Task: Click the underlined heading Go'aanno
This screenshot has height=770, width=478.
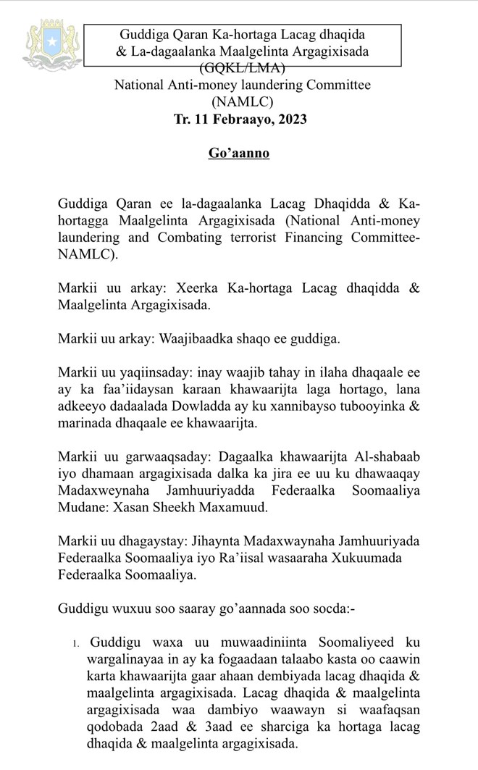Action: pyautogui.click(x=239, y=155)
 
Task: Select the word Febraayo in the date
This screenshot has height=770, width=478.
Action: pyautogui.click(x=238, y=119)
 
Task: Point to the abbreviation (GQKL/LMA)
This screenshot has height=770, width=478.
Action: pyautogui.click(x=241, y=68)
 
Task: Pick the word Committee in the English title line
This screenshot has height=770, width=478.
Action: pyautogui.click(x=337, y=85)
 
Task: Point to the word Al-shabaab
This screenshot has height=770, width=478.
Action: pyautogui.click(x=387, y=459)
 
